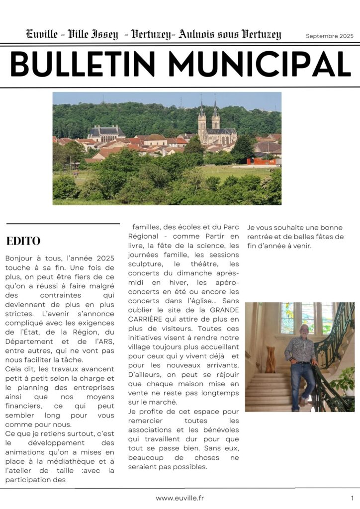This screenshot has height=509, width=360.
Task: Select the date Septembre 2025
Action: [329, 36]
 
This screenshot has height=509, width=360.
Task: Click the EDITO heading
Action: [23, 242]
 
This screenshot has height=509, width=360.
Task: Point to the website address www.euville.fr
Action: [180, 498]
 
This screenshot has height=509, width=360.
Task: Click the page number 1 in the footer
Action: [352, 498]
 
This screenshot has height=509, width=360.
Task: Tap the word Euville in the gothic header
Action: [43, 35]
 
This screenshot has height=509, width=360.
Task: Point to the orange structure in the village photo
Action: [261, 162]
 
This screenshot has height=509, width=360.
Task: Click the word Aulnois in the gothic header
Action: [196, 35]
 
